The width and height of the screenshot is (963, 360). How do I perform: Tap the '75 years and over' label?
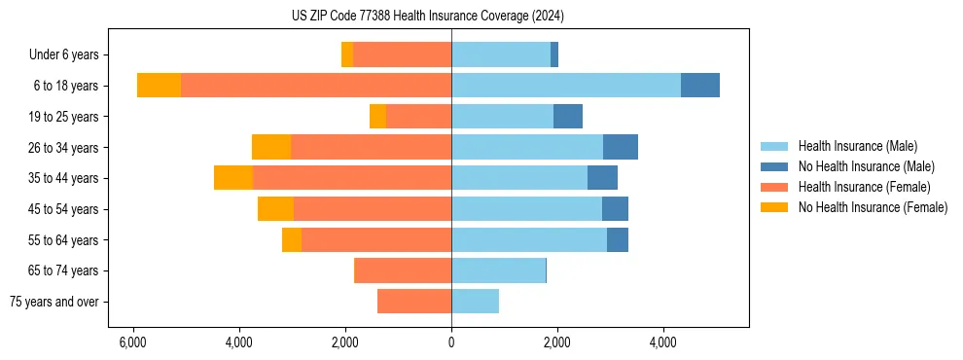coord(54,302)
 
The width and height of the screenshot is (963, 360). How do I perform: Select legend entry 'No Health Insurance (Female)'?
coord(873,207)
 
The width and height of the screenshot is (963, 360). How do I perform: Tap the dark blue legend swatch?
coord(774,166)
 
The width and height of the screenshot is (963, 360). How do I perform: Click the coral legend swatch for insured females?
coord(774,187)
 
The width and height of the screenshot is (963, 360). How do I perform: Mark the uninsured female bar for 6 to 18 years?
coord(159,86)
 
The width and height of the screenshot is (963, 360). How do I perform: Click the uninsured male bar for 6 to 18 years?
coord(700,86)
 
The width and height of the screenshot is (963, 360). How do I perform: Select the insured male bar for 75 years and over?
coord(475,302)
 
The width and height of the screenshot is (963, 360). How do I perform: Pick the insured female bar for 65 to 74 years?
coord(403,270)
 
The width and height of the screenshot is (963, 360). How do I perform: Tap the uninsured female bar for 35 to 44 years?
coord(233,178)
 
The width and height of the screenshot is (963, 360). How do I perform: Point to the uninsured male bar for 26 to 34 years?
coord(621,147)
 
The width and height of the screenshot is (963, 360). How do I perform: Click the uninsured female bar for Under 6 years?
coord(347,55)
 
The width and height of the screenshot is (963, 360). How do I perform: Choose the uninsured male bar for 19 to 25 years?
coord(568,117)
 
